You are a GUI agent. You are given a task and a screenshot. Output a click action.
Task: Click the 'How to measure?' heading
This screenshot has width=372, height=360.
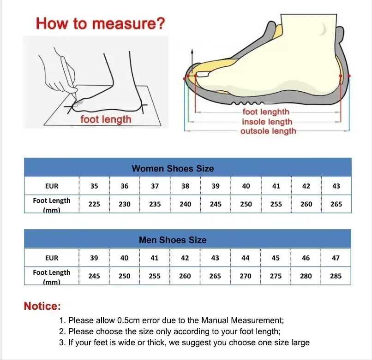[100, 23]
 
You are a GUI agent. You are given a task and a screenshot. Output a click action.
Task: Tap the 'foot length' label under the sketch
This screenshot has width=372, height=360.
[106, 119]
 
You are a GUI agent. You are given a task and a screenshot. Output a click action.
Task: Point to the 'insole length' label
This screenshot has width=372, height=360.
[267, 122]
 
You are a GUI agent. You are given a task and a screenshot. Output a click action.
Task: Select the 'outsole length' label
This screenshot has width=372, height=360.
[268, 131]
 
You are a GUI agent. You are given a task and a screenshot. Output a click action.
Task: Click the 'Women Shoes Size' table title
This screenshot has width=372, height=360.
[173, 168]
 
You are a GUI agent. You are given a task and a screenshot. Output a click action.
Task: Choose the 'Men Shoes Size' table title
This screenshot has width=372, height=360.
[173, 240]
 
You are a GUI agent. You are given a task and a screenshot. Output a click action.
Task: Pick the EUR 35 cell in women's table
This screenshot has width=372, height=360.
[94, 186]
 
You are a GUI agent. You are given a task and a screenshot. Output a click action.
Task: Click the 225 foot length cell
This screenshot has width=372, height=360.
[94, 204]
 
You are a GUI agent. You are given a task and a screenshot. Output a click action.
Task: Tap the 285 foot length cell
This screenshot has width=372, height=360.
[336, 276]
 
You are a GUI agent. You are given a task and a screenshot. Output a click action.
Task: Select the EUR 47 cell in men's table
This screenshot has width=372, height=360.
[336, 258]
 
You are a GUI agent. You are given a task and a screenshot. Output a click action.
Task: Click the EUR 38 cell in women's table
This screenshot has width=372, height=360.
[185, 186]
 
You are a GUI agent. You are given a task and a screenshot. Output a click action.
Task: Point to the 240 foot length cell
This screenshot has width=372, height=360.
[185, 204]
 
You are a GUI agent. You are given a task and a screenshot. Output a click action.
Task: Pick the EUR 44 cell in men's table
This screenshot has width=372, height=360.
[246, 258]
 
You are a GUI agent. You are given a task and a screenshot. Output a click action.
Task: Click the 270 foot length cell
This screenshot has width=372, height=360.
[246, 276]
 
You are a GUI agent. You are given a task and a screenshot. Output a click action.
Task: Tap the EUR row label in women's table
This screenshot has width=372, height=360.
[52, 186]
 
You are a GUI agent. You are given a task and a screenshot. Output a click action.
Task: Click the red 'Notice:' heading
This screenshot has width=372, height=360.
[42, 306]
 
